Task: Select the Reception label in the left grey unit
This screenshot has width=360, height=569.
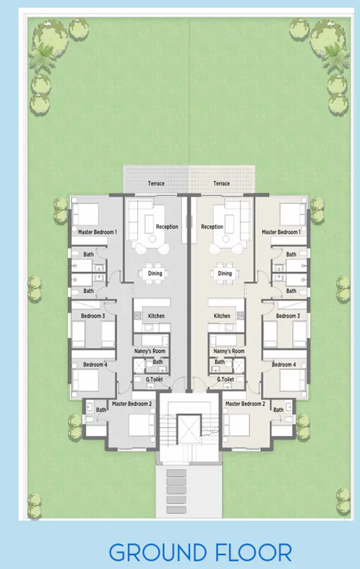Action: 167,227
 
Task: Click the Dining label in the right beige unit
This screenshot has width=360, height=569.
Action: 225,274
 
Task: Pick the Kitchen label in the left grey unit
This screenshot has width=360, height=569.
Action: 156,316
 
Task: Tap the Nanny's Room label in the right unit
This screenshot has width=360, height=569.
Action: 229,351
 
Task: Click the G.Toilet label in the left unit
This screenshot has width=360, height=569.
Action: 155,379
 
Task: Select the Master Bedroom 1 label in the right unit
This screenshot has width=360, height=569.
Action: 280,232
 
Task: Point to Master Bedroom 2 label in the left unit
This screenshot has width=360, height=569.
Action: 132,404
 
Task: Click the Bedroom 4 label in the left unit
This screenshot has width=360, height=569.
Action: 95,365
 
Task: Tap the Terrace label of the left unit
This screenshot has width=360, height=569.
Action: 156,184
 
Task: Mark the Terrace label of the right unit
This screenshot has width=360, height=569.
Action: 221,184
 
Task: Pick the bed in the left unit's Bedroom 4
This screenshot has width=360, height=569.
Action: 86,381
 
